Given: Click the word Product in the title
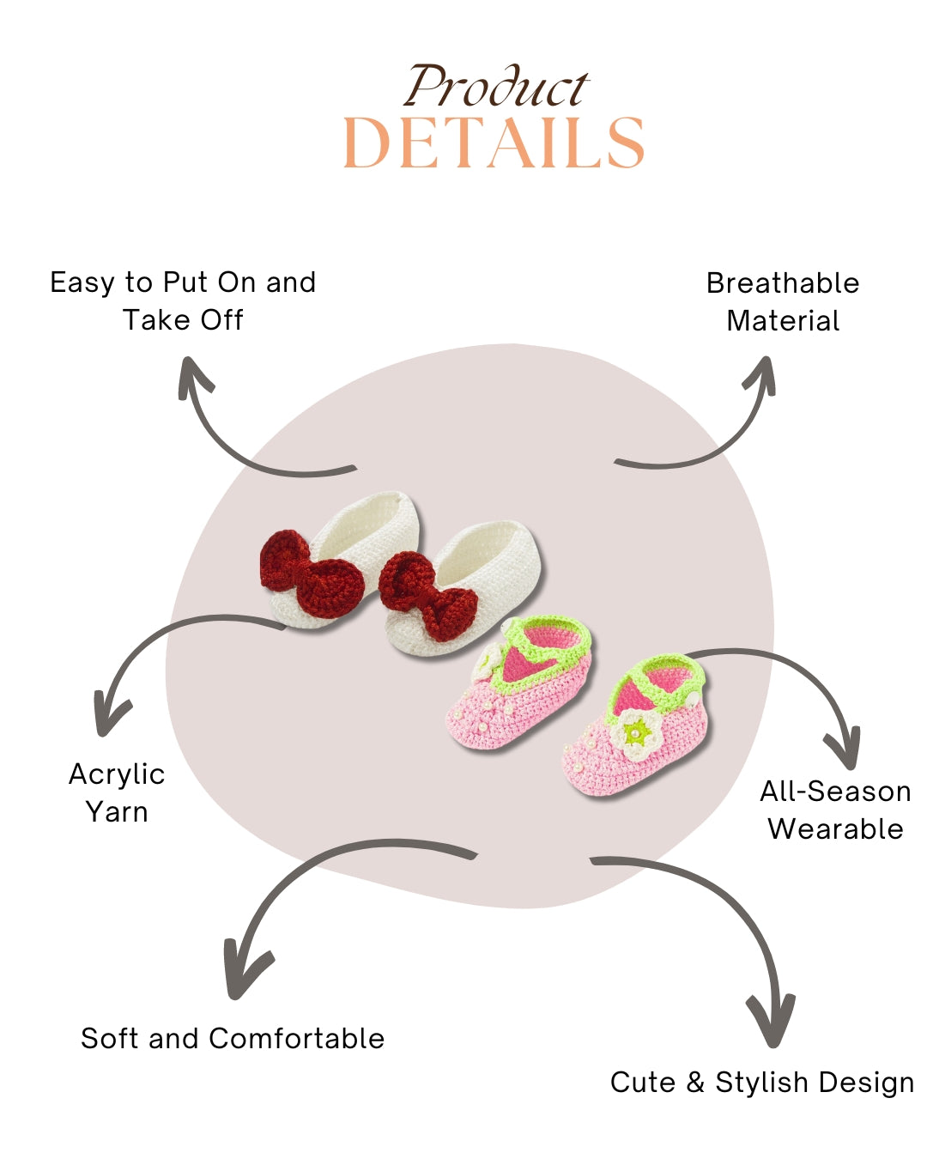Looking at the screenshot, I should (496, 88).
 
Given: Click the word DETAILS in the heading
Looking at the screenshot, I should (494, 143).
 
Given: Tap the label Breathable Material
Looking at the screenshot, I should (783, 301).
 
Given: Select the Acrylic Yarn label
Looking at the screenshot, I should (117, 792).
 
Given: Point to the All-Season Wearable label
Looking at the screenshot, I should (835, 810).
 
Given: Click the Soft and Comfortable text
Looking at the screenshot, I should (233, 1038).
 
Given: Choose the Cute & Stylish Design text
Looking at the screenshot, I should (762, 1082).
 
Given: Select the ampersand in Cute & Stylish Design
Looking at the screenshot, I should (695, 1082).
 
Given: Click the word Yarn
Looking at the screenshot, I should (117, 811).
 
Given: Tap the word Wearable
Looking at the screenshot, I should (835, 829).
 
